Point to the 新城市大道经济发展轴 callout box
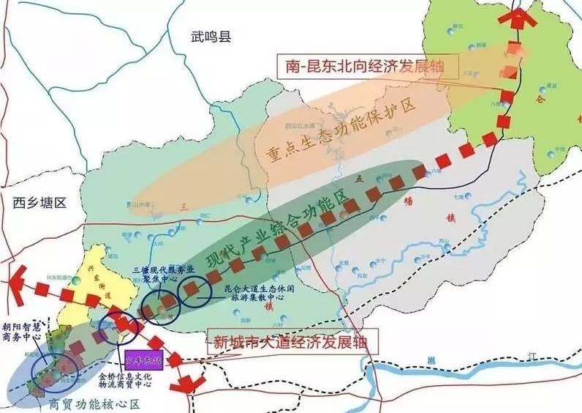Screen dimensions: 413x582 pos(295,341)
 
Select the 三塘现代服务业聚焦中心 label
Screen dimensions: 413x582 pos(153,276)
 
